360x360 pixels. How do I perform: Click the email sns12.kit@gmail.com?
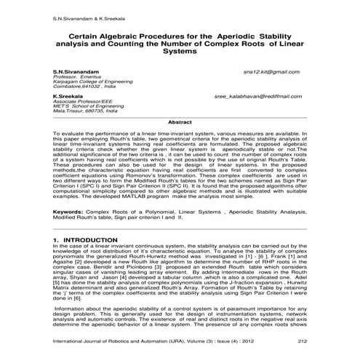click(x=271, y=73)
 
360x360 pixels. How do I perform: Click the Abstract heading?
click(x=180, y=122)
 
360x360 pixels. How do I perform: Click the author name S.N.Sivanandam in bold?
click(x=74, y=73)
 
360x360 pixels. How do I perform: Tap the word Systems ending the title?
click(x=180, y=52)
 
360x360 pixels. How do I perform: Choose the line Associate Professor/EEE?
click(x=82, y=100)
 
